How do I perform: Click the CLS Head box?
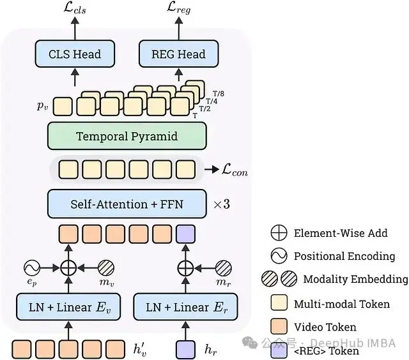tap(75, 54)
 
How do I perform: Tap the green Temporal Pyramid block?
tap(127, 136)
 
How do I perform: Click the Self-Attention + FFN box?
tap(127, 204)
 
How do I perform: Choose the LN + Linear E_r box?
tap(185, 307)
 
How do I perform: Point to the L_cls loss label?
tap(75, 9)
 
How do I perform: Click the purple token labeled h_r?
tap(185, 349)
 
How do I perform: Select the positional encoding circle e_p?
tap(32, 268)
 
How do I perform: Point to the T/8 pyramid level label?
tap(219, 94)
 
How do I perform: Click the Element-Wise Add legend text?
tap(341, 233)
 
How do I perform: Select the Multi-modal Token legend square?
tap(279, 303)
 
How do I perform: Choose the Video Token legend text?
tap(324, 327)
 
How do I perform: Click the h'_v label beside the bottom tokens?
tap(140, 349)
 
